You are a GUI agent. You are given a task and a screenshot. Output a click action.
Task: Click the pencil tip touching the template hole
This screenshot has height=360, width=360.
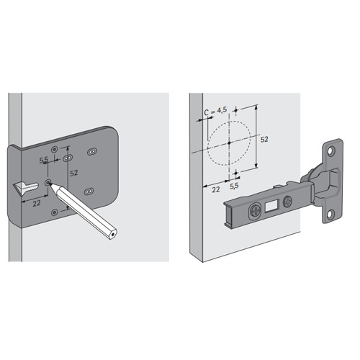click(50, 184)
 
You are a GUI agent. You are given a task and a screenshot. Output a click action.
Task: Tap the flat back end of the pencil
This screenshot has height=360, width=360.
click(112, 234)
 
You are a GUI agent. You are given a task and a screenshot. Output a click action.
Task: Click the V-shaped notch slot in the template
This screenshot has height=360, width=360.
click(26, 188)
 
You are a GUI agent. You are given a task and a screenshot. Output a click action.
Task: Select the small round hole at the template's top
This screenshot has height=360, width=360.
click(55, 150)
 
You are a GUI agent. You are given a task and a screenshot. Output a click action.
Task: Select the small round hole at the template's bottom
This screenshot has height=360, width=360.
click(55, 212)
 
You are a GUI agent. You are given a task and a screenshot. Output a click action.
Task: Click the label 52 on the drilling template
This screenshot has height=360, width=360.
click(74, 173)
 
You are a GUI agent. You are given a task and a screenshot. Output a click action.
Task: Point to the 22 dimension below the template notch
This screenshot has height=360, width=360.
click(37, 204)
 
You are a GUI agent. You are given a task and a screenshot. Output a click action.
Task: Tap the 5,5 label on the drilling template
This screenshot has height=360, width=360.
click(44, 160)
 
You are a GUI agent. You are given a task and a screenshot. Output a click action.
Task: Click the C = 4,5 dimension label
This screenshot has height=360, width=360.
click(215, 111)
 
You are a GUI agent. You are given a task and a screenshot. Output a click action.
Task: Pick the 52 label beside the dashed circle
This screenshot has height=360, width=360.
click(264, 139)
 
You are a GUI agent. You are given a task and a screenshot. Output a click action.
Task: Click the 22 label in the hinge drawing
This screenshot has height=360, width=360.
click(216, 189)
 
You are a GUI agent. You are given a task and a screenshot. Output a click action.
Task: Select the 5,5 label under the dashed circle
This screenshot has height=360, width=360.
click(234, 186)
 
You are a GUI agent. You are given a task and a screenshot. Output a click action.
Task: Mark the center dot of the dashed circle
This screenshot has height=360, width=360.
click(229, 143)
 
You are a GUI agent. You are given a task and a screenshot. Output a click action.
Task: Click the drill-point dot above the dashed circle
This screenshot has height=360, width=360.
click(236, 110)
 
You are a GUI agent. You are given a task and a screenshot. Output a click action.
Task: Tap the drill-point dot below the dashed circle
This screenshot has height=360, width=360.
click(236, 173)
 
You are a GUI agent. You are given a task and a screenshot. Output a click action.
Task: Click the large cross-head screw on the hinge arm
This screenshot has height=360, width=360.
click(255, 211)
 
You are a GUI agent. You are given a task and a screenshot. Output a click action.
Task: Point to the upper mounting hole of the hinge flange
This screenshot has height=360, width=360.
click(331, 150)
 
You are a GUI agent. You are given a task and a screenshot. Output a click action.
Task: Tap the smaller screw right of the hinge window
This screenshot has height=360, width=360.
click(287, 202)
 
